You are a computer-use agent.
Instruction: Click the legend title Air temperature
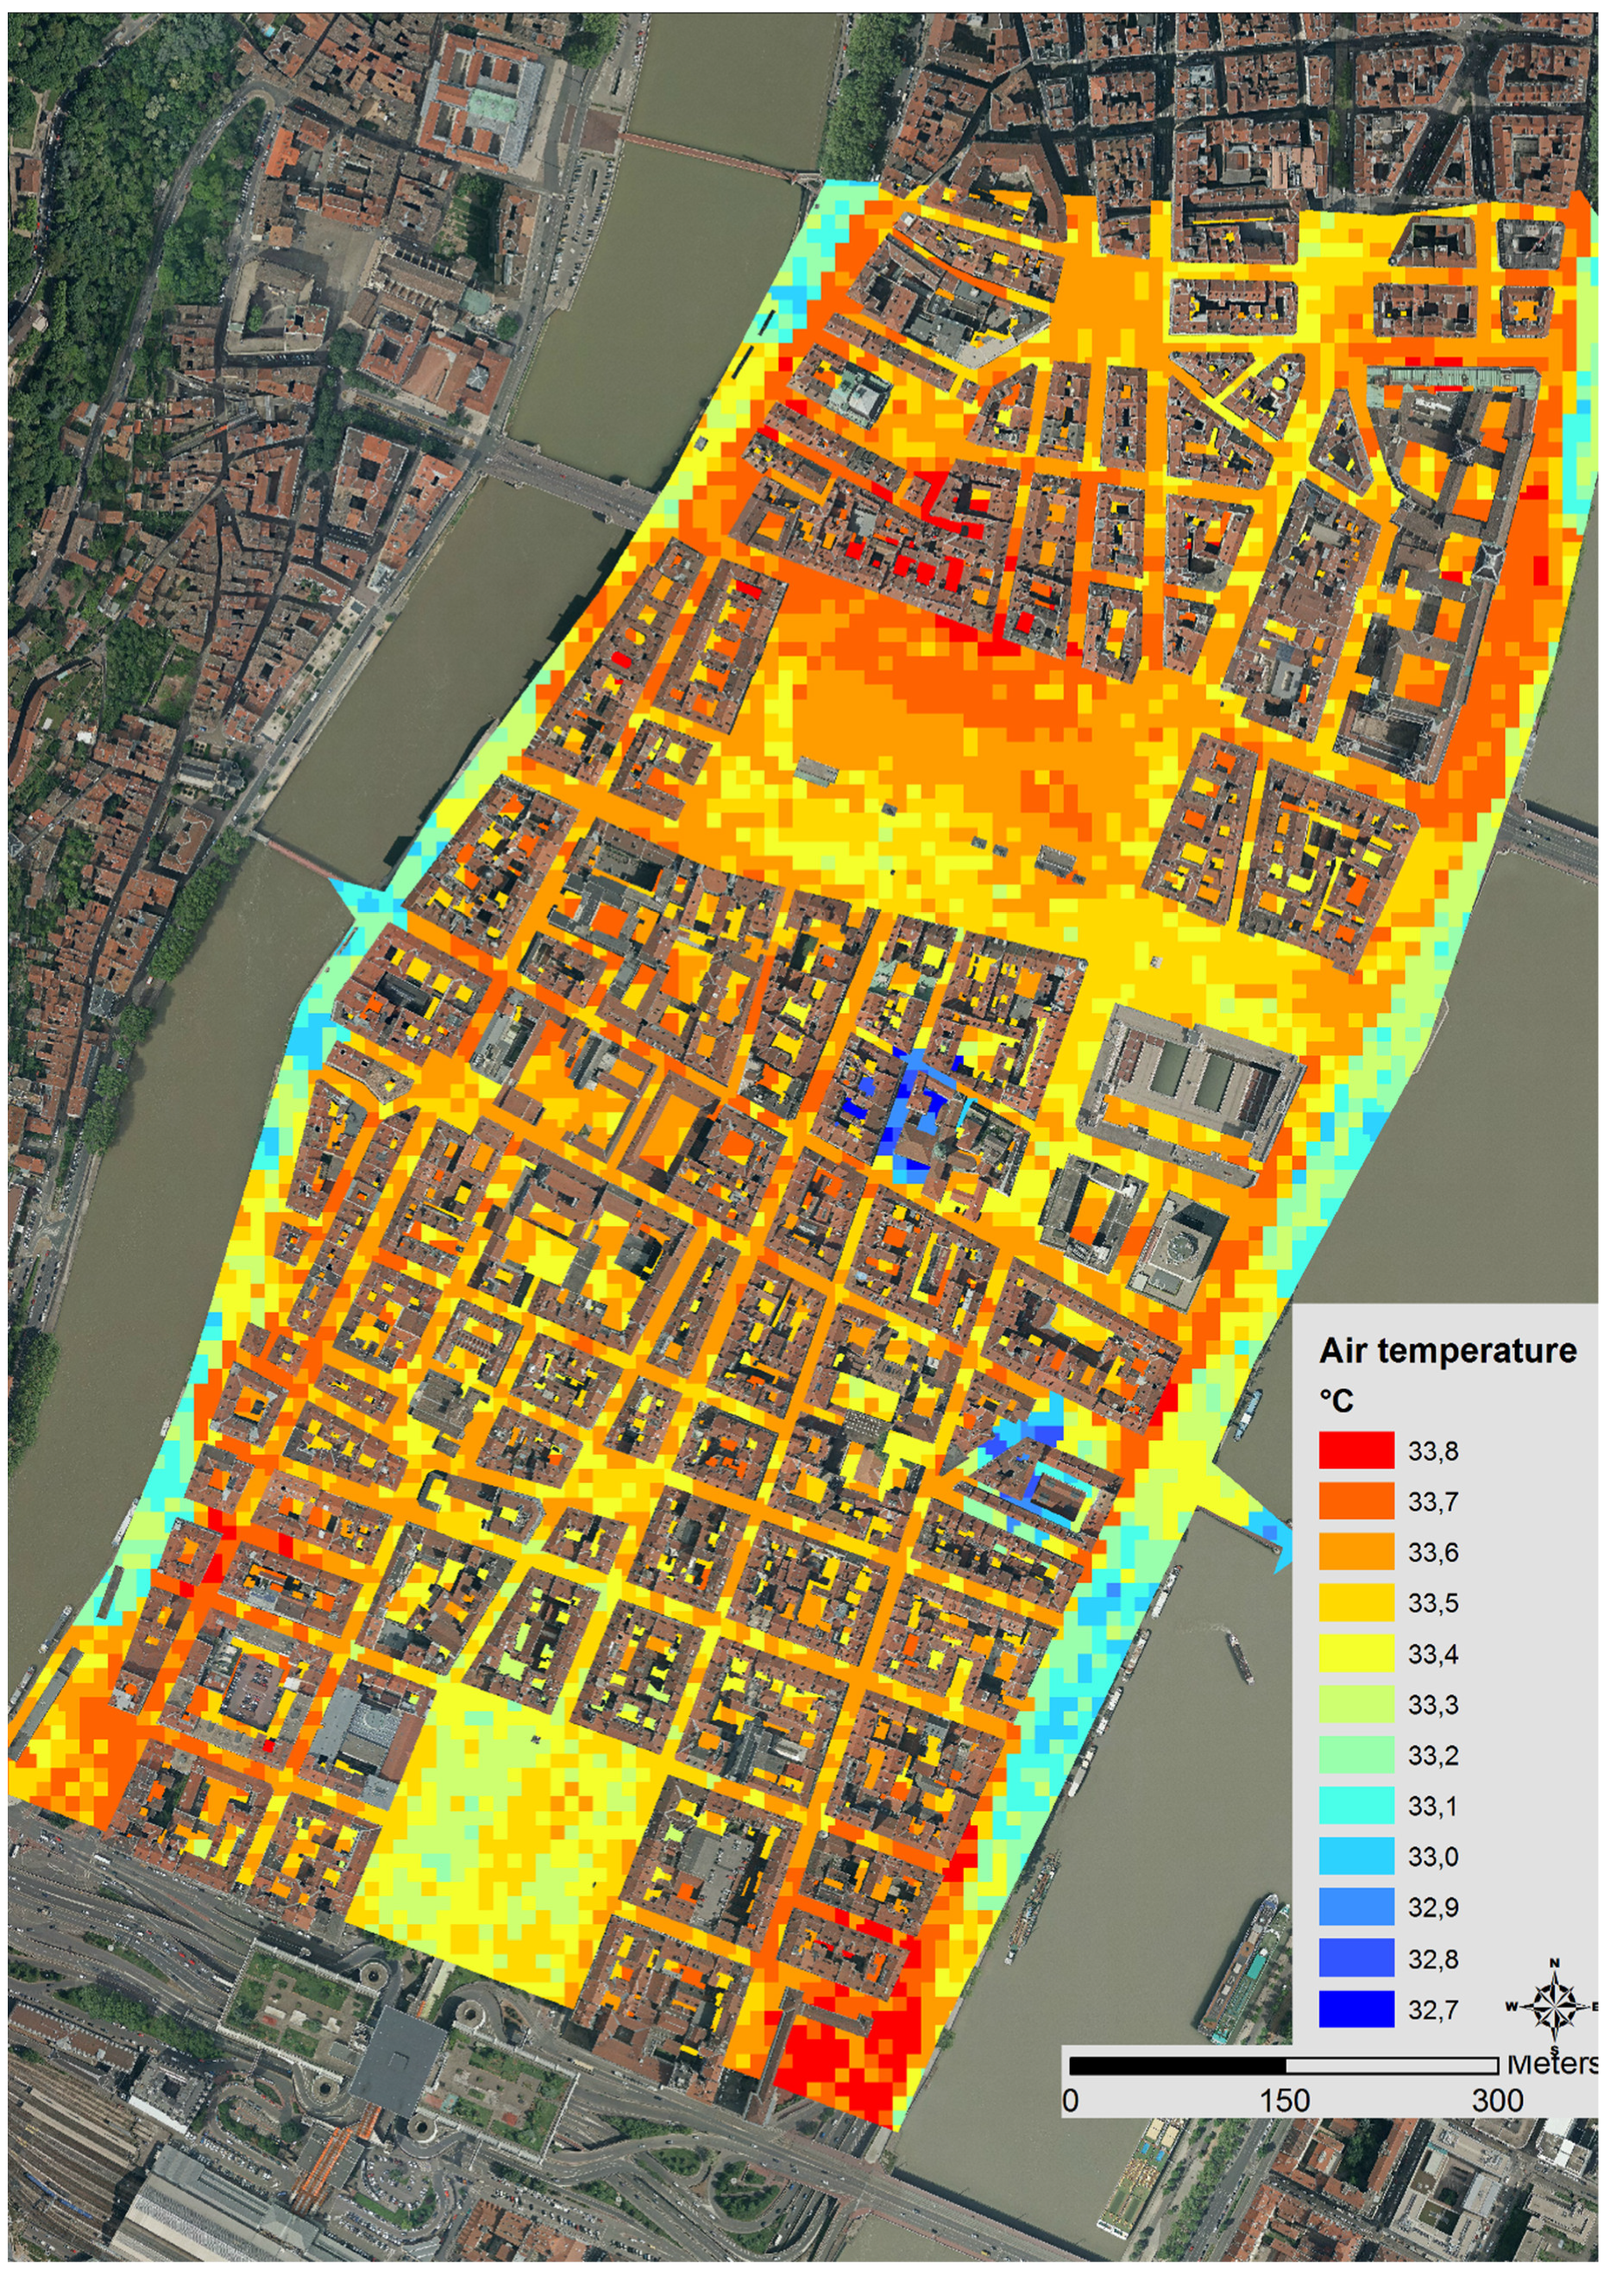[1448, 1350]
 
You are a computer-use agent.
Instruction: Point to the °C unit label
[1336, 1399]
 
